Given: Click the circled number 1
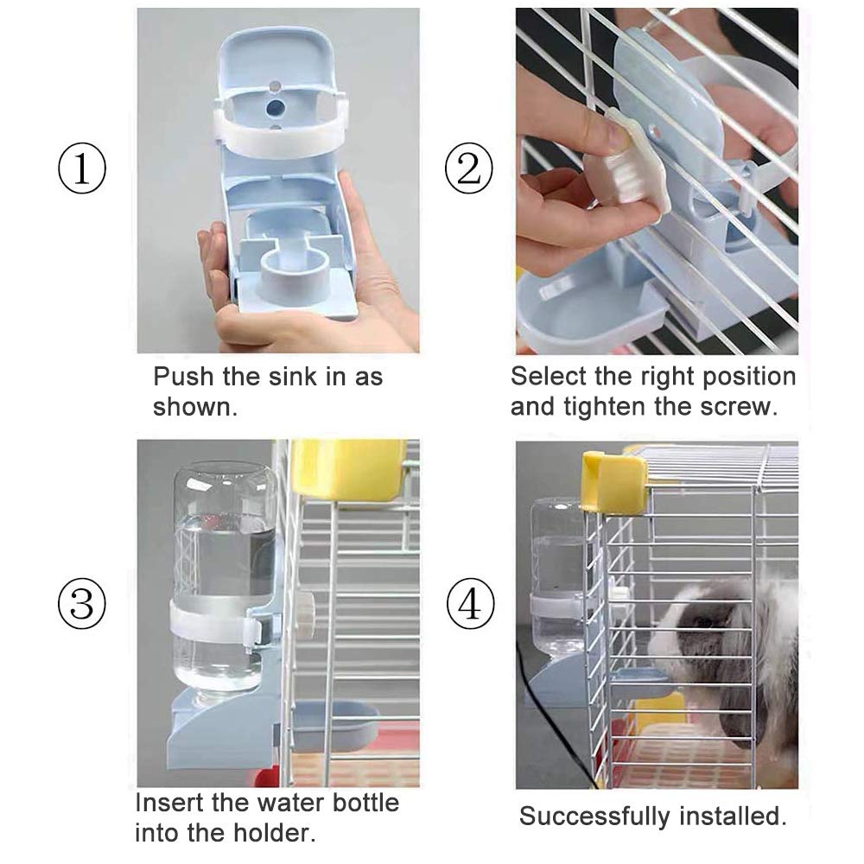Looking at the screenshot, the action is (81, 168).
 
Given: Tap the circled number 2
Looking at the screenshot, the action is (469, 168).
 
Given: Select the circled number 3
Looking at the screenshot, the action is (81, 604).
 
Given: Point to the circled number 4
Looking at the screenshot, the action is (469, 604).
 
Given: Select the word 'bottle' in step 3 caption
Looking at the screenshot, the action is (365, 803).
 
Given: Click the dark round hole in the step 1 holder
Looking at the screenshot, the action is (275, 107).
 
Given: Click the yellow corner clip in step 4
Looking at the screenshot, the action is (614, 481).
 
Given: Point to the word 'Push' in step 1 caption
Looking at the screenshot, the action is (183, 377).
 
